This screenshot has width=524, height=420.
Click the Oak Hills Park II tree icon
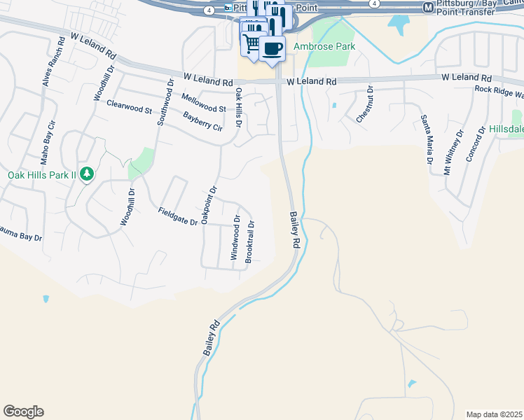point(86,173)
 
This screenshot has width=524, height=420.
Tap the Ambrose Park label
point(324,47)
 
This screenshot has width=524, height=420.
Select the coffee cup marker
point(273,48)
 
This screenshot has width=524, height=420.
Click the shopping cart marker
point(251,44)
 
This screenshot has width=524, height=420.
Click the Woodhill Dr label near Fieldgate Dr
point(127,207)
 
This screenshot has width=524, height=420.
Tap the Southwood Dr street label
point(165,102)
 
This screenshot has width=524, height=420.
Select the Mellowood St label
point(203,103)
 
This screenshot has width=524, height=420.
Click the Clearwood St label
point(130,106)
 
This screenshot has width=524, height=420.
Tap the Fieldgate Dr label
point(178,216)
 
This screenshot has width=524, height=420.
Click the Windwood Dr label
point(236,238)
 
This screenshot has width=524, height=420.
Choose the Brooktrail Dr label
point(249,238)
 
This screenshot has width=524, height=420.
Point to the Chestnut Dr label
point(364,105)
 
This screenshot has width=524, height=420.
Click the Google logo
point(23,412)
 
